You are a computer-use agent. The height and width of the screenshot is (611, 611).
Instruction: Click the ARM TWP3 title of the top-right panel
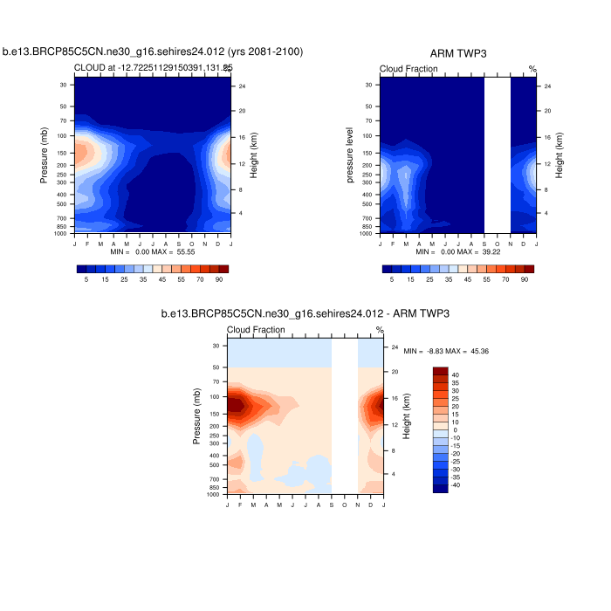458,53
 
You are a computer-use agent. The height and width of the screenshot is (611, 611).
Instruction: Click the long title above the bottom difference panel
305,313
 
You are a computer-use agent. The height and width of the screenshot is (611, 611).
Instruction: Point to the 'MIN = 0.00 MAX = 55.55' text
153,251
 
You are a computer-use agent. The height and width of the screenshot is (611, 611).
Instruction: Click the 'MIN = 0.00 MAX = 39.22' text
458,251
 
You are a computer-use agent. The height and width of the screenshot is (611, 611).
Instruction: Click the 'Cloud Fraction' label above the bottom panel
256,330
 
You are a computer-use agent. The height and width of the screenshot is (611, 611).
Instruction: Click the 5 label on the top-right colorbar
393,280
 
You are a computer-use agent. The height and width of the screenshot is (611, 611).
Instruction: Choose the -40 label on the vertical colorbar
456,484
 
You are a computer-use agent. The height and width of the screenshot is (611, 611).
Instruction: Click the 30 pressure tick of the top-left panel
64,85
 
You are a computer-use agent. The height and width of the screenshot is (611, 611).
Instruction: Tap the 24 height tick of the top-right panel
547,86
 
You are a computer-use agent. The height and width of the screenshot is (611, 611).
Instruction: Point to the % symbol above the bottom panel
380,330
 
